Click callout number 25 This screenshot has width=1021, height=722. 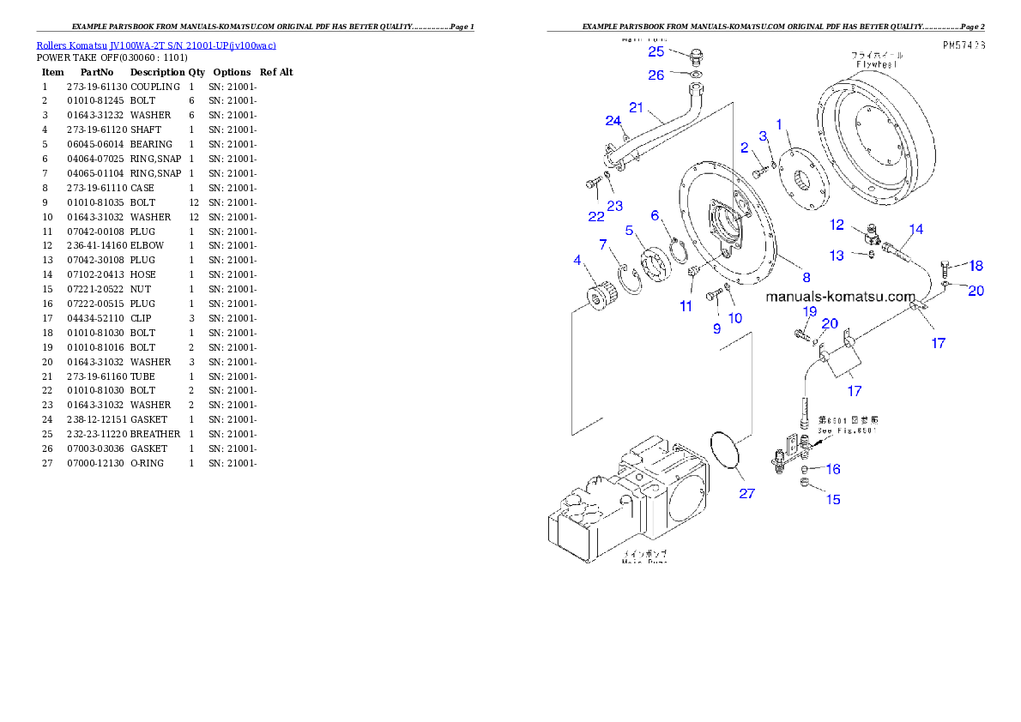[x=656, y=51]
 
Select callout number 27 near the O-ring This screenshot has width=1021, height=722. [x=747, y=493]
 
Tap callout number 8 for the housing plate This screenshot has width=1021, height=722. [x=807, y=276]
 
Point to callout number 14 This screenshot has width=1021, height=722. [x=916, y=229]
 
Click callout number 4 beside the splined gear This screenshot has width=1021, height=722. [x=577, y=260]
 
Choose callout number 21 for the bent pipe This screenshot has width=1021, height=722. [x=636, y=107]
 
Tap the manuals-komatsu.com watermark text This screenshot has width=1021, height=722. [x=841, y=297]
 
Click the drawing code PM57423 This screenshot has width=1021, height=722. [x=962, y=44]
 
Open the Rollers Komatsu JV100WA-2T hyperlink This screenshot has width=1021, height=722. [x=155, y=45]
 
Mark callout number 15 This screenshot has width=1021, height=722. [x=833, y=499]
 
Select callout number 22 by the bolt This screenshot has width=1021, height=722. [x=595, y=216]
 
